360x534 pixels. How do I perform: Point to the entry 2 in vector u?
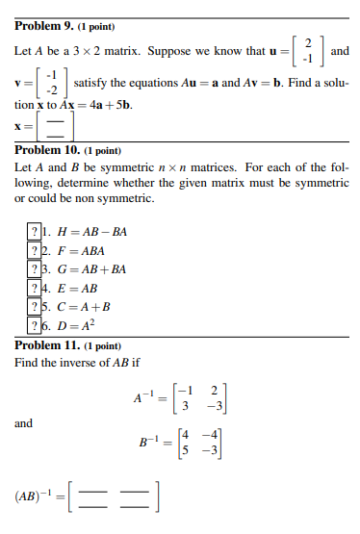click(306, 43)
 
